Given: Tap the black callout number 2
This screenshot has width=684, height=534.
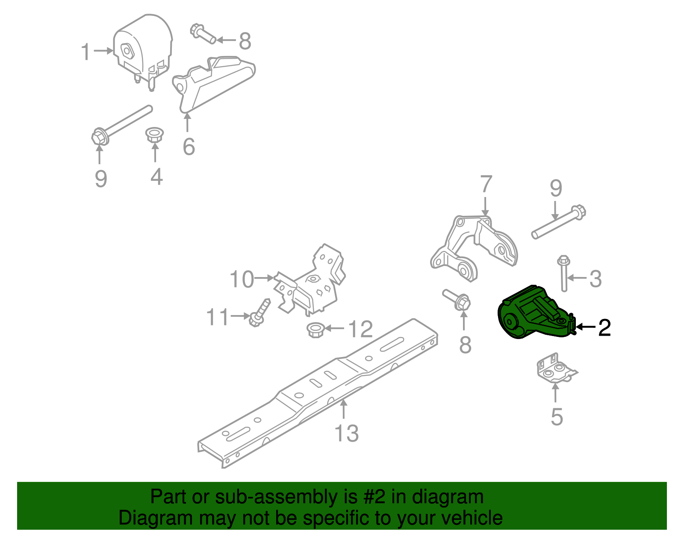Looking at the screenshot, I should coord(604,327).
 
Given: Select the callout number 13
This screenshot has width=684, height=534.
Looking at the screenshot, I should coord(346,434).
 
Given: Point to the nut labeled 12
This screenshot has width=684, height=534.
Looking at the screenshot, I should coord(315,330).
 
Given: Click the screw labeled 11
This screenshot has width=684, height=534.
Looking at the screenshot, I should coord(259,313).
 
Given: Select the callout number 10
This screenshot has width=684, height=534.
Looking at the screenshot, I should coord(242,279).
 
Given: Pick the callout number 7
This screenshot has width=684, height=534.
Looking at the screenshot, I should coord(486,185).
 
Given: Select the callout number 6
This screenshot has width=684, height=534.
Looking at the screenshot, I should coord(189,147).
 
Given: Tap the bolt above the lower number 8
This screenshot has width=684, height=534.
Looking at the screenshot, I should coord(457,299).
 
